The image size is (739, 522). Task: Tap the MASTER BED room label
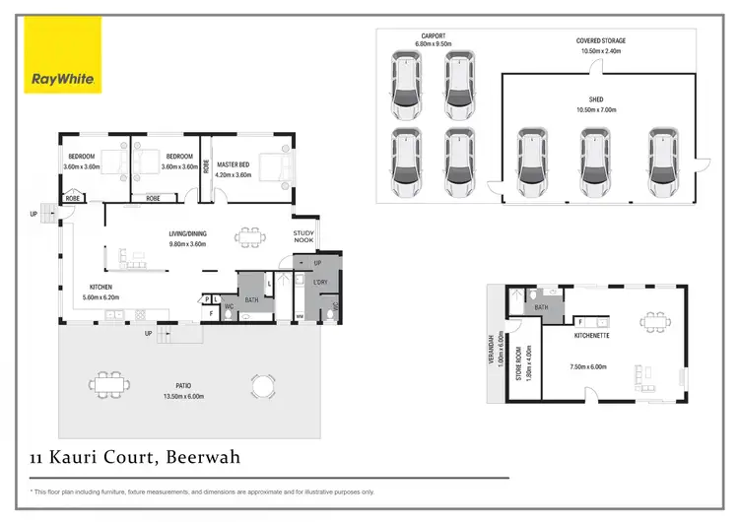[x=235, y=164]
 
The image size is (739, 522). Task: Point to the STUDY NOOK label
[x=303, y=237]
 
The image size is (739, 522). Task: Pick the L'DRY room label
[x=320, y=283]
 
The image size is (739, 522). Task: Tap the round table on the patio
[x=262, y=383]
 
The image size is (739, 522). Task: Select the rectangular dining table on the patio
[x=107, y=384]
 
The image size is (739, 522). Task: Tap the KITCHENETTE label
[x=594, y=335]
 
